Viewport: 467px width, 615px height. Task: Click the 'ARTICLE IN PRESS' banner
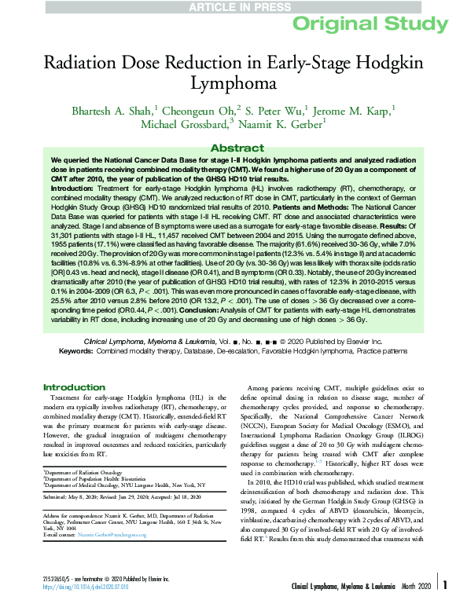point(233,6)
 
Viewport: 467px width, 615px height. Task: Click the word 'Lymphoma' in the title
point(233,82)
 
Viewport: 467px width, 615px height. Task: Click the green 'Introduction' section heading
point(74,387)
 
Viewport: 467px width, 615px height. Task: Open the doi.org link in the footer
point(77,608)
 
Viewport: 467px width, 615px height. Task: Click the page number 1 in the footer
point(446,606)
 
